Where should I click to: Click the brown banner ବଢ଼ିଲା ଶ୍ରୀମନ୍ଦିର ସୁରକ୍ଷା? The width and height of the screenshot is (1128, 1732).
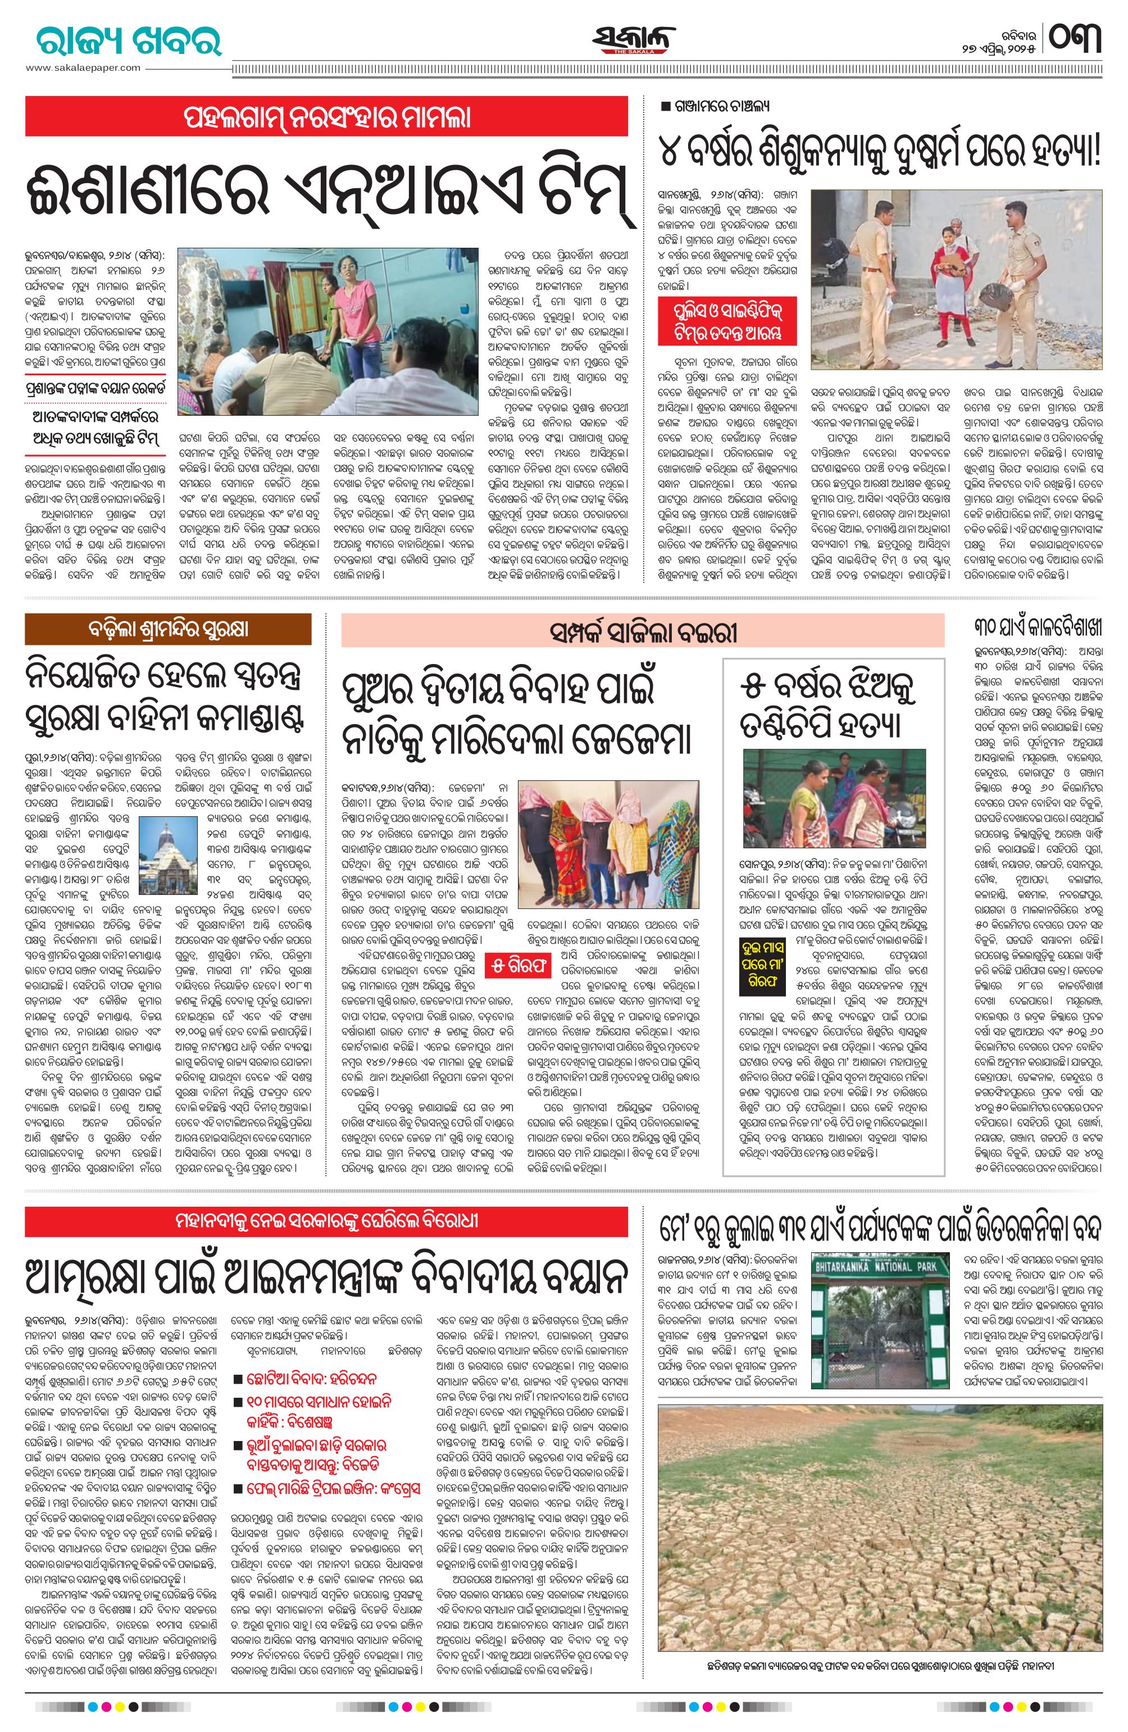pyautogui.click(x=168, y=629)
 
